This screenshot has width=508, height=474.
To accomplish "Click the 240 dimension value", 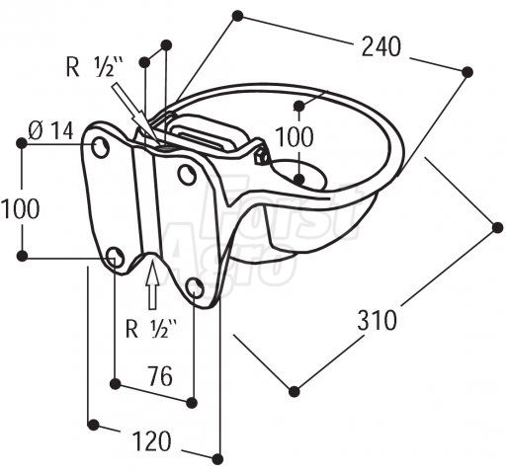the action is coord(381,46).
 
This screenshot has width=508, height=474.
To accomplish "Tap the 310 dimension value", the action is coord(378,320).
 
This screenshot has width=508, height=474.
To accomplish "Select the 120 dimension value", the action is coord(152,441).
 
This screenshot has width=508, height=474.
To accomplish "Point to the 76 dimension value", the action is coord(160,376).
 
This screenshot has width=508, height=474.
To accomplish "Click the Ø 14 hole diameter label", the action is coord(50,130).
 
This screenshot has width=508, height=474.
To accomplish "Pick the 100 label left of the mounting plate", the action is coord(21,208).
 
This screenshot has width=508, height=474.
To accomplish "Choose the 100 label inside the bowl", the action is coord(295,136).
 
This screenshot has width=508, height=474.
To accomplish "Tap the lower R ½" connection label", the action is coord(151,328).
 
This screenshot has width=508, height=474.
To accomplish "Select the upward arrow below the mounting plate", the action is coord(152,283).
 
